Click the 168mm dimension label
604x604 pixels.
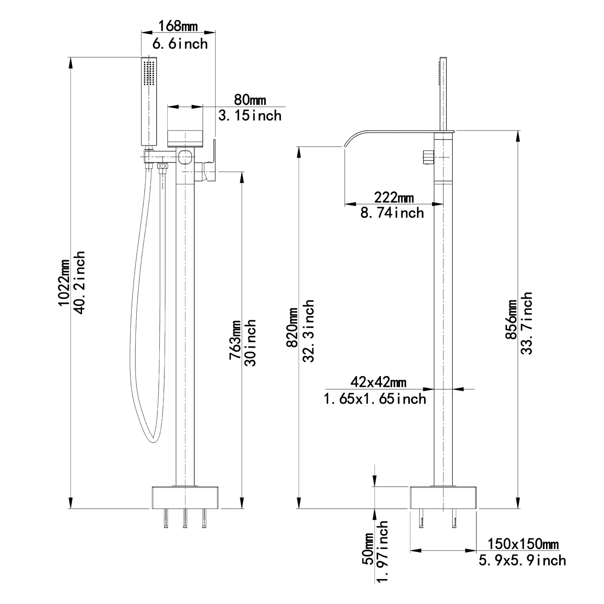point(178,26)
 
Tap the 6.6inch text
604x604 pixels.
point(180,44)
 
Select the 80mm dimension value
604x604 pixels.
point(250,100)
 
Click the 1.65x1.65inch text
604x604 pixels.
point(375,399)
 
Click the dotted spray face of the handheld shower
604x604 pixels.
point(149,73)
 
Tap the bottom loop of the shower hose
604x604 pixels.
point(153,441)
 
